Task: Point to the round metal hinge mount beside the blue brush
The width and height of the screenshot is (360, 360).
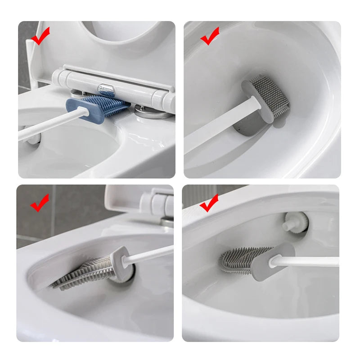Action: tap(153, 112)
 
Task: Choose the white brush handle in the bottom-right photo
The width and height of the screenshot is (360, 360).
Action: tap(310, 261)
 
